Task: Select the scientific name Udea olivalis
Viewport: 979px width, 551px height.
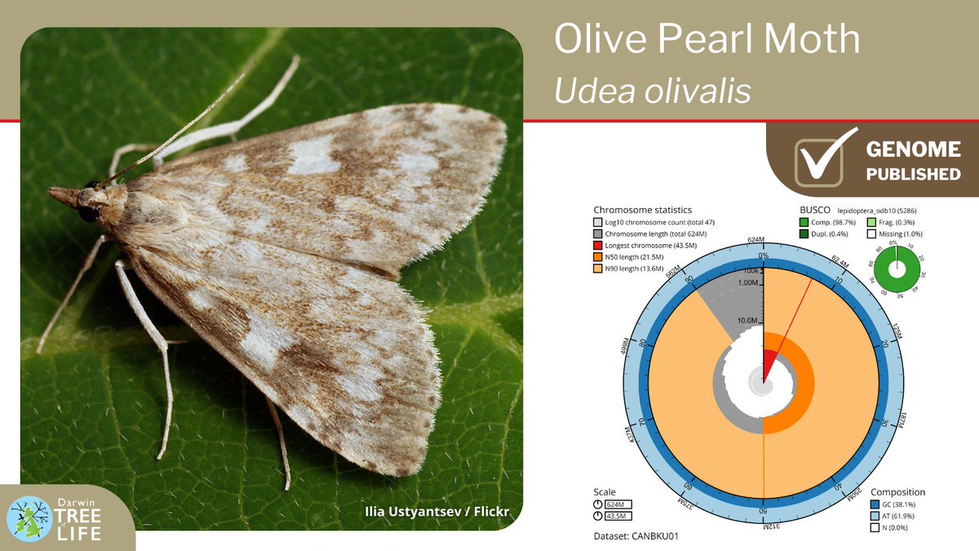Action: (x=652, y=91)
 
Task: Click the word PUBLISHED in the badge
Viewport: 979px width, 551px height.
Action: (x=913, y=174)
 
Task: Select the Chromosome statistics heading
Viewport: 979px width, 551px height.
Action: (x=643, y=209)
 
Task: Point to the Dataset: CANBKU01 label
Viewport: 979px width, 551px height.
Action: (x=636, y=536)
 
